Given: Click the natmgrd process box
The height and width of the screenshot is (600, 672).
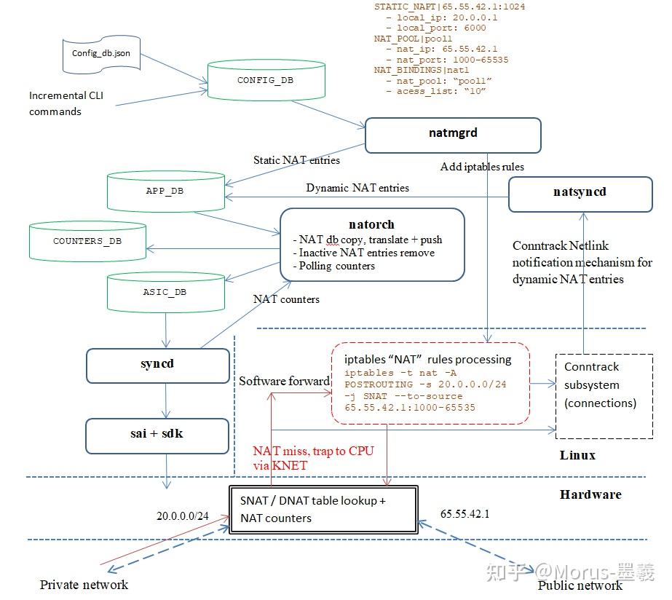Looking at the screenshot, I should click(x=452, y=135).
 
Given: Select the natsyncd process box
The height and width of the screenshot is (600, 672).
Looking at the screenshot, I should click(x=580, y=193).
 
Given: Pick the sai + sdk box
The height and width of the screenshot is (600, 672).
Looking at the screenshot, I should click(x=157, y=435).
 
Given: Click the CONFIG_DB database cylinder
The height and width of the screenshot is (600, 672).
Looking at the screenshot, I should click(x=265, y=82).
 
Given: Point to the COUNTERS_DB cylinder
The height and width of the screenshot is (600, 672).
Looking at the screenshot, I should click(x=87, y=241).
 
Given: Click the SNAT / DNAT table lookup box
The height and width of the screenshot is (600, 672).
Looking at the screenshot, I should click(x=323, y=510).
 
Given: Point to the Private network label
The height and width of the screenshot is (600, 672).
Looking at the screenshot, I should click(x=84, y=585).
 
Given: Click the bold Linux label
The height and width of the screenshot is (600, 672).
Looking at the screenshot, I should click(x=577, y=455).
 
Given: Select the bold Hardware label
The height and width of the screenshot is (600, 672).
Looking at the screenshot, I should click(x=590, y=494).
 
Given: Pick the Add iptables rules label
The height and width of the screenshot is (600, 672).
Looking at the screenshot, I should click(x=482, y=167).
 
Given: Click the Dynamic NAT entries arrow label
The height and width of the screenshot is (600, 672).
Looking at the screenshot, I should click(x=357, y=188).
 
